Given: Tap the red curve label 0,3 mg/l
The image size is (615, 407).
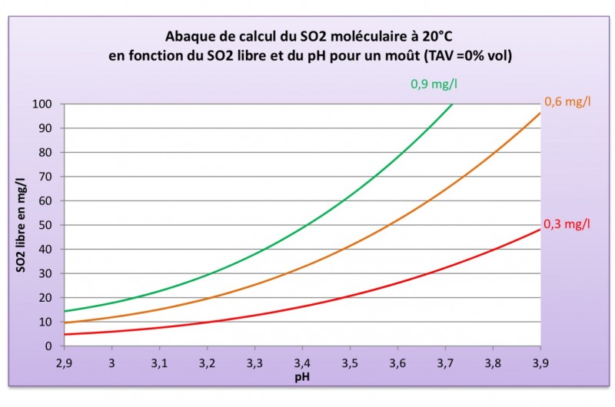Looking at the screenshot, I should tap(567, 224).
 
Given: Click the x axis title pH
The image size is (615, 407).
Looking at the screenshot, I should tap(302, 379).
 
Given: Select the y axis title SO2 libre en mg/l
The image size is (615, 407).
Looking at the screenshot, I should tap(22, 225).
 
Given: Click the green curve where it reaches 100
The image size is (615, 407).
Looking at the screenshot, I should tap(453, 104).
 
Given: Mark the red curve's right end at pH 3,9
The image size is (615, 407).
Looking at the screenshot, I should tap(540, 230).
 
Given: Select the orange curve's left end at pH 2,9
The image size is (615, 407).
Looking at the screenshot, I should tap(65, 323).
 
